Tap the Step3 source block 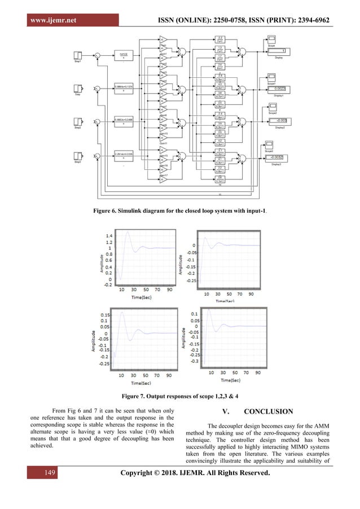[78, 156]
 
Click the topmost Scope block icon [270, 40]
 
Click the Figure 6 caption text [180, 210]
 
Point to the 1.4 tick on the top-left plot [108, 235]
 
